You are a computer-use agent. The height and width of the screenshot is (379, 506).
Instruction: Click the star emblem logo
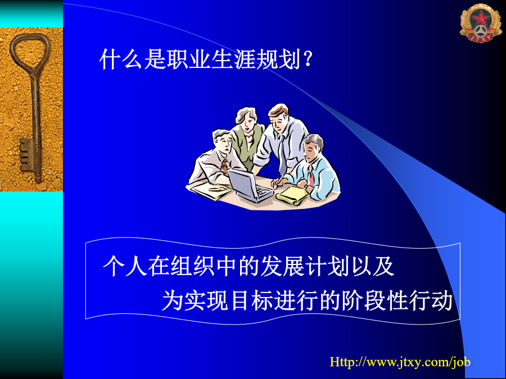pos(481,23)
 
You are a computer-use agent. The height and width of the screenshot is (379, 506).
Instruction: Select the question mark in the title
pos(308,59)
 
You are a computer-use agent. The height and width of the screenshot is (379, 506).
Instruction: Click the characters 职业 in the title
pos(178,59)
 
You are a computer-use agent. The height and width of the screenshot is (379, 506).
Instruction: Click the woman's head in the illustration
pos(247,118)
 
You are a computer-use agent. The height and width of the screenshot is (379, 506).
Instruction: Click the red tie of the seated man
pos(310,176)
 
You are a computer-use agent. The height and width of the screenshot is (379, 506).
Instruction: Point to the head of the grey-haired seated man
pos(222,142)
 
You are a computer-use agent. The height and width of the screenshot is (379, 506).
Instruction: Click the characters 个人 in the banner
pos(125,266)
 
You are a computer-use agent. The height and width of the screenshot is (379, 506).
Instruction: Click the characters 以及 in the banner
pos(372,266)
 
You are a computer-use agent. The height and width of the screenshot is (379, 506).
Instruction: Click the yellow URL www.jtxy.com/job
pos(400,362)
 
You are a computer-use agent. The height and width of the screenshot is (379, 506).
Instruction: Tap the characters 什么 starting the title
pos(121,59)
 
